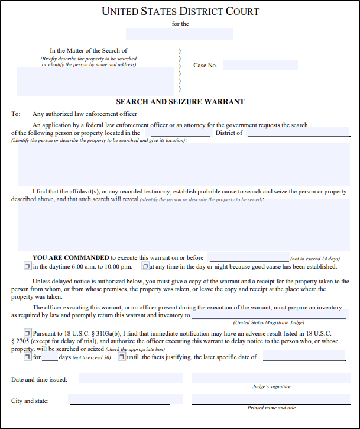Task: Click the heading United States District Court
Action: click(x=180, y=11)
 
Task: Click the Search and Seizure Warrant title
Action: click(x=180, y=102)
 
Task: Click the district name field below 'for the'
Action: click(x=180, y=34)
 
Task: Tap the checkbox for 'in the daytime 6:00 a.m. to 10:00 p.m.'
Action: click(x=27, y=267)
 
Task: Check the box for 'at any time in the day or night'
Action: click(x=145, y=267)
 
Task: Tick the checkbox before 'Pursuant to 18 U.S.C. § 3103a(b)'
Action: click(x=27, y=333)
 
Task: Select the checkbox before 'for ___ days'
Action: click(x=27, y=357)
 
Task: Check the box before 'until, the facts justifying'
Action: click(x=121, y=357)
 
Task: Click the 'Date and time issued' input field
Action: click(x=124, y=378)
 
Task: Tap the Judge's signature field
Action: click(x=271, y=378)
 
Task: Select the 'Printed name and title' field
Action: click(x=271, y=400)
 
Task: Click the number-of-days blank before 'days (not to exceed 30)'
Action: click(x=50, y=357)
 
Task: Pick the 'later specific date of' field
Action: click(x=304, y=357)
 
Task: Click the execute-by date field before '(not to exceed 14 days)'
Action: click(x=248, y=257)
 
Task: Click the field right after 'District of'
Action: click(x=299, y=133)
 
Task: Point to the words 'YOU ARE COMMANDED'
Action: click(x=71, y=258)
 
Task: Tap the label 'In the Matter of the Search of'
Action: click(x=89, y=51)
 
